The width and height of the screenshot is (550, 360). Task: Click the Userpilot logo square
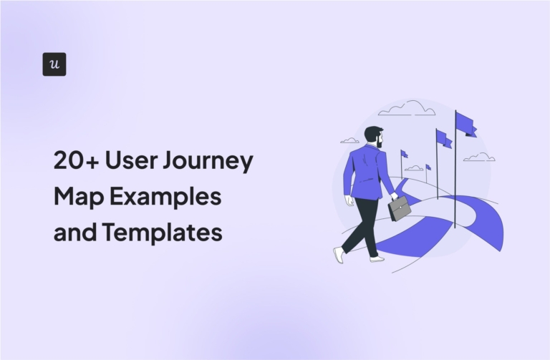pos(54,64)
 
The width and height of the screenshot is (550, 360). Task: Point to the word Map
pos(74,197)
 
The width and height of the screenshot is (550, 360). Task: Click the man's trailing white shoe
pos(338,254)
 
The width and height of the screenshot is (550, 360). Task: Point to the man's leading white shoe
pos(377,258)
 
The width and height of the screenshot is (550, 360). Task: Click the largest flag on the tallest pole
pos(465,123)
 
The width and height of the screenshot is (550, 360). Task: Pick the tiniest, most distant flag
pos(428,167)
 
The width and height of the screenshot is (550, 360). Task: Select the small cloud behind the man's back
pos(349,140)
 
